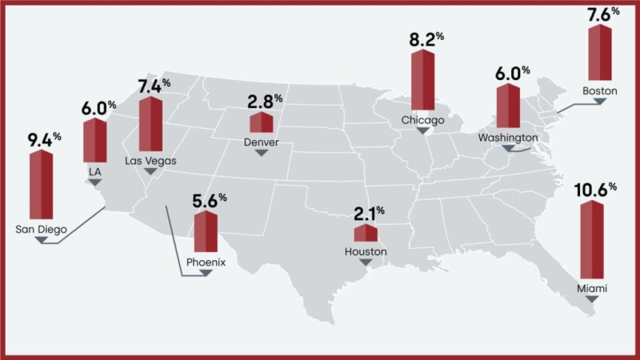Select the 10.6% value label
(x=595, y=190)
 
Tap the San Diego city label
(x=41, y=230)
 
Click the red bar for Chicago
(x=422, y=80)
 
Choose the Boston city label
(x=599, y=91)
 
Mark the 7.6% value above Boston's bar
(x=604, y=14)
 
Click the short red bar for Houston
(x=366, y=234)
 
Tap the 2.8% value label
(x=265, y=102)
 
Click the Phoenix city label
(x=206, y=262)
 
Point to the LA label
(x=94, y=171)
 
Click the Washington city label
(x=507, y=138)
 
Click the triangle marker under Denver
(x=260, y=153)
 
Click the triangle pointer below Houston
(x=366, y=262)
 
